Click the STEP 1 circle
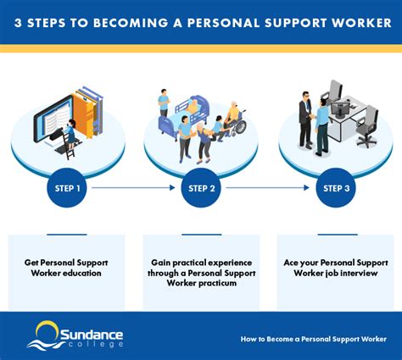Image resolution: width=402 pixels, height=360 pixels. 67,188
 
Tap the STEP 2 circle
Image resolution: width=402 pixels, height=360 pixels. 201,188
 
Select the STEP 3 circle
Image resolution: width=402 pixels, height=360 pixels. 336,188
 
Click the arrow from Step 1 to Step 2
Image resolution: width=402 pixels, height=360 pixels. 133,187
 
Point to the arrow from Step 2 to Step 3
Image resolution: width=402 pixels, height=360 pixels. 268,187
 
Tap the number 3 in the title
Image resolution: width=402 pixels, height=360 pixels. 18,23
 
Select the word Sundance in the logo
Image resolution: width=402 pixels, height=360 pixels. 92,335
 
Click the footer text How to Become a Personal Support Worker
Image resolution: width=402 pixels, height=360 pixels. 314,339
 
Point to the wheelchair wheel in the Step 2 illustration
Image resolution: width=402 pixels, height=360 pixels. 241,126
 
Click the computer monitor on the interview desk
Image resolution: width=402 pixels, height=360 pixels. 340,109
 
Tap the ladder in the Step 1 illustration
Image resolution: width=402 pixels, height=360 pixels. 69,146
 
